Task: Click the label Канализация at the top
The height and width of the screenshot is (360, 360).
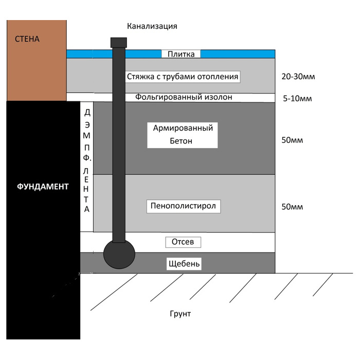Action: [152, 26]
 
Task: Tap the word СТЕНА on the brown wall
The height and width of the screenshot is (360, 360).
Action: [27, 39]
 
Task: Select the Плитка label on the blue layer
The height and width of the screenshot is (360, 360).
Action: [181, 54]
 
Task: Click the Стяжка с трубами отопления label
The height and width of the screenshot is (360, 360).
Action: [183, 77]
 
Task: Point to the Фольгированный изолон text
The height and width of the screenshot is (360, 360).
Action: [184, 97]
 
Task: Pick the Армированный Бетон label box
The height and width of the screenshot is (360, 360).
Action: [183, 135]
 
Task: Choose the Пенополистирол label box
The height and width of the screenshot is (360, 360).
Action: [184, 206]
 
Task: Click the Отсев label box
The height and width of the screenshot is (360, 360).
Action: [183, 242]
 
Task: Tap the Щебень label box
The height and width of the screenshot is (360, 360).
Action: [184, 263]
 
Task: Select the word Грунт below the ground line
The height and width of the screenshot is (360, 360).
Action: [180, 314]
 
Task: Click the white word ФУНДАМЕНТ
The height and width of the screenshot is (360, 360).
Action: [43, 186]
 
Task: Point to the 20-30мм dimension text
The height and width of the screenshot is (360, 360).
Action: [298, 77]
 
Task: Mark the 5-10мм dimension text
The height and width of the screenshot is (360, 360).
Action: [297, 99]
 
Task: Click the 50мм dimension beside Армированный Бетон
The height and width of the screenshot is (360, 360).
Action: [292, 140]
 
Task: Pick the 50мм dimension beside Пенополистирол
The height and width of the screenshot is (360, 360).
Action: [292, 207]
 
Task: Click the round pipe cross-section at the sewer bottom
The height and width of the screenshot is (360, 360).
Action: [119, 255]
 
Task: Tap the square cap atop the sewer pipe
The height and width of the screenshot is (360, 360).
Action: [119, 43]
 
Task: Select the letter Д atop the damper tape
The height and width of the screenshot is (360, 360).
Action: [87, 113]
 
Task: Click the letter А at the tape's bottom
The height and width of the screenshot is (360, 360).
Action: [87, 209]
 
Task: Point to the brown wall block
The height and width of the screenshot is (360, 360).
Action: [37, 61]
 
